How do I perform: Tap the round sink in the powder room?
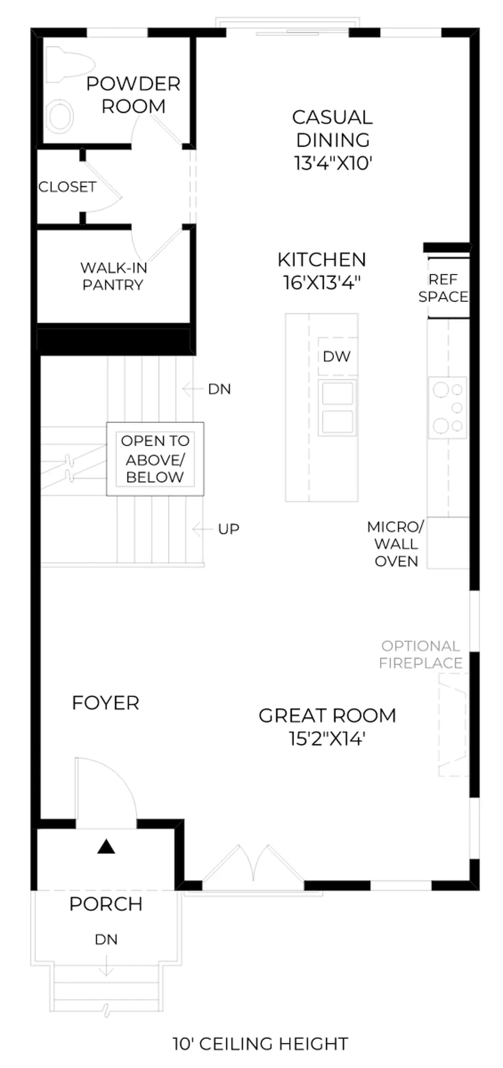pos(60,116)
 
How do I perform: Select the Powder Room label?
pos(133,95)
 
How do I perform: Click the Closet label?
pos(67,187)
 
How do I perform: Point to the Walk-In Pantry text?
pos(114,276)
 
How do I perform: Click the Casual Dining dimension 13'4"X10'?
pos(333,163)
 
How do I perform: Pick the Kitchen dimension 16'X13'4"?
pos(322,282)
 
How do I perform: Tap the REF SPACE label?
pos(443,288)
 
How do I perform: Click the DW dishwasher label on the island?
pos(337,356)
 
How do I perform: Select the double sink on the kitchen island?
pos(338,407)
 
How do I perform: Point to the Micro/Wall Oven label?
pos(396,544)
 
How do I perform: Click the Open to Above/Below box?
pos(155,459)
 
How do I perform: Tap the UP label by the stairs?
pos(228,529)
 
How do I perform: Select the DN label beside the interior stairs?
pos(219,389)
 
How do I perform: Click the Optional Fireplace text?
pos(421,655)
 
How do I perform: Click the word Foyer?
pos(105,703)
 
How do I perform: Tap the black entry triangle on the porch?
pos(106,847)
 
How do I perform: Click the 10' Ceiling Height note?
pos(261,1044)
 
